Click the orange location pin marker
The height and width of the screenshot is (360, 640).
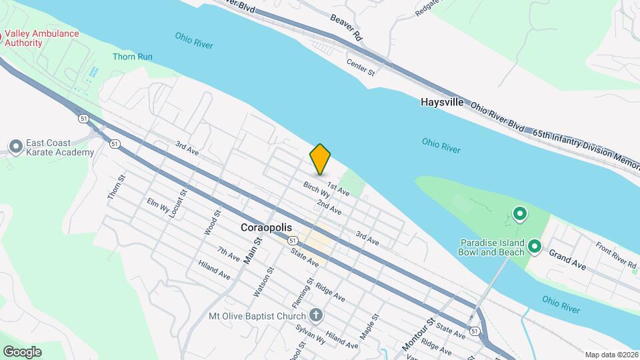tap(320, 159)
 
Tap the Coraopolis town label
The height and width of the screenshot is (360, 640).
tap(266, 227)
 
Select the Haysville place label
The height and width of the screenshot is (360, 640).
tap(441, 103)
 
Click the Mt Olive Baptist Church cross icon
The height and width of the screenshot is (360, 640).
tap(317, 315)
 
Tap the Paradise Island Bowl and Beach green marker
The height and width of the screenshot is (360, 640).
tap(534, 247)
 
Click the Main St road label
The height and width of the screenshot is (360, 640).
tap(252, 250)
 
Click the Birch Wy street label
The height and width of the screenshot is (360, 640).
tap(317, 190)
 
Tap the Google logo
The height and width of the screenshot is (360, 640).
tap(22, 351)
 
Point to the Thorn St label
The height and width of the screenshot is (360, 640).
tap(116, 188)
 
